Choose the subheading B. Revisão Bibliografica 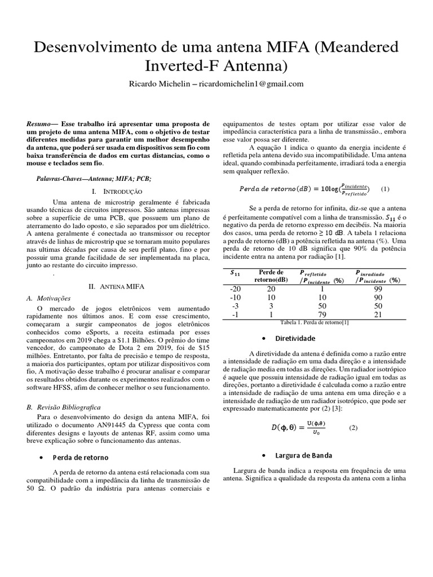(x=67, y=406)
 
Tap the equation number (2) (x=354, y=428)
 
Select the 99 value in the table (x=378, y=289)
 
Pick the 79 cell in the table (x=322, y=314)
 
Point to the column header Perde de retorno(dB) (x=271, y=276)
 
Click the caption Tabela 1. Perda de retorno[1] (x=315, y=322)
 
